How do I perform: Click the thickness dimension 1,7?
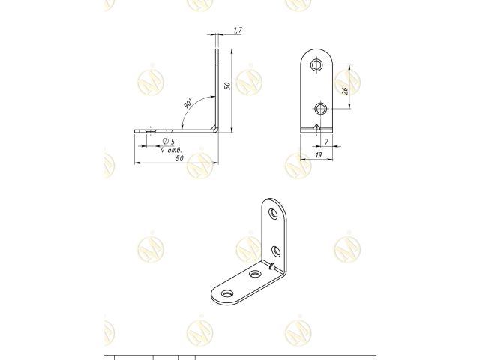238,30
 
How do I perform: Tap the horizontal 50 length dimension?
179,160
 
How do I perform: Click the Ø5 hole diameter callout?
169,140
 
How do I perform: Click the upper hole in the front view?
319,66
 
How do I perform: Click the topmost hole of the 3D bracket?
274,215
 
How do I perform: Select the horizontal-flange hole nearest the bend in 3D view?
254,275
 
